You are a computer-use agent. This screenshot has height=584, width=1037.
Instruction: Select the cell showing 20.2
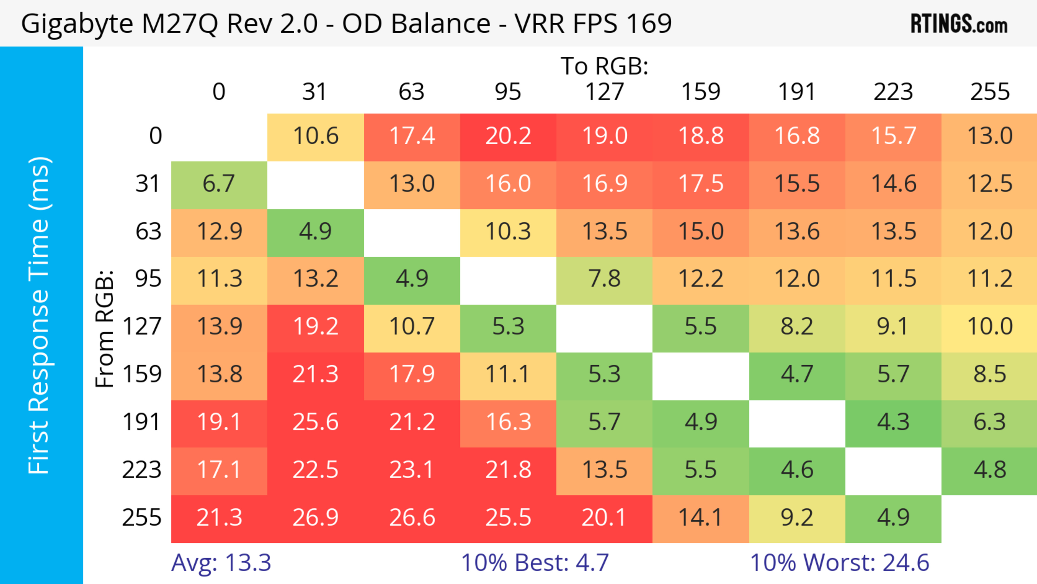508,136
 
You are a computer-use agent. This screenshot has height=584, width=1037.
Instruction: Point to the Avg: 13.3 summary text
221,563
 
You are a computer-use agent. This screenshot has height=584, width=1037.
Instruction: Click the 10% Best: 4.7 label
535,563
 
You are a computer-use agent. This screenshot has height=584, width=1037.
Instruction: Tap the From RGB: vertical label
105,328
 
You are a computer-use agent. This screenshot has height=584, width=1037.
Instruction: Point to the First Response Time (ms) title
39,315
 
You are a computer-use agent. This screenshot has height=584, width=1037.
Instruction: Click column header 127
604,92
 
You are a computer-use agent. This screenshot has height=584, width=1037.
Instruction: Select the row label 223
142,470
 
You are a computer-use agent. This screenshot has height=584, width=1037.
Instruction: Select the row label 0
155,136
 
